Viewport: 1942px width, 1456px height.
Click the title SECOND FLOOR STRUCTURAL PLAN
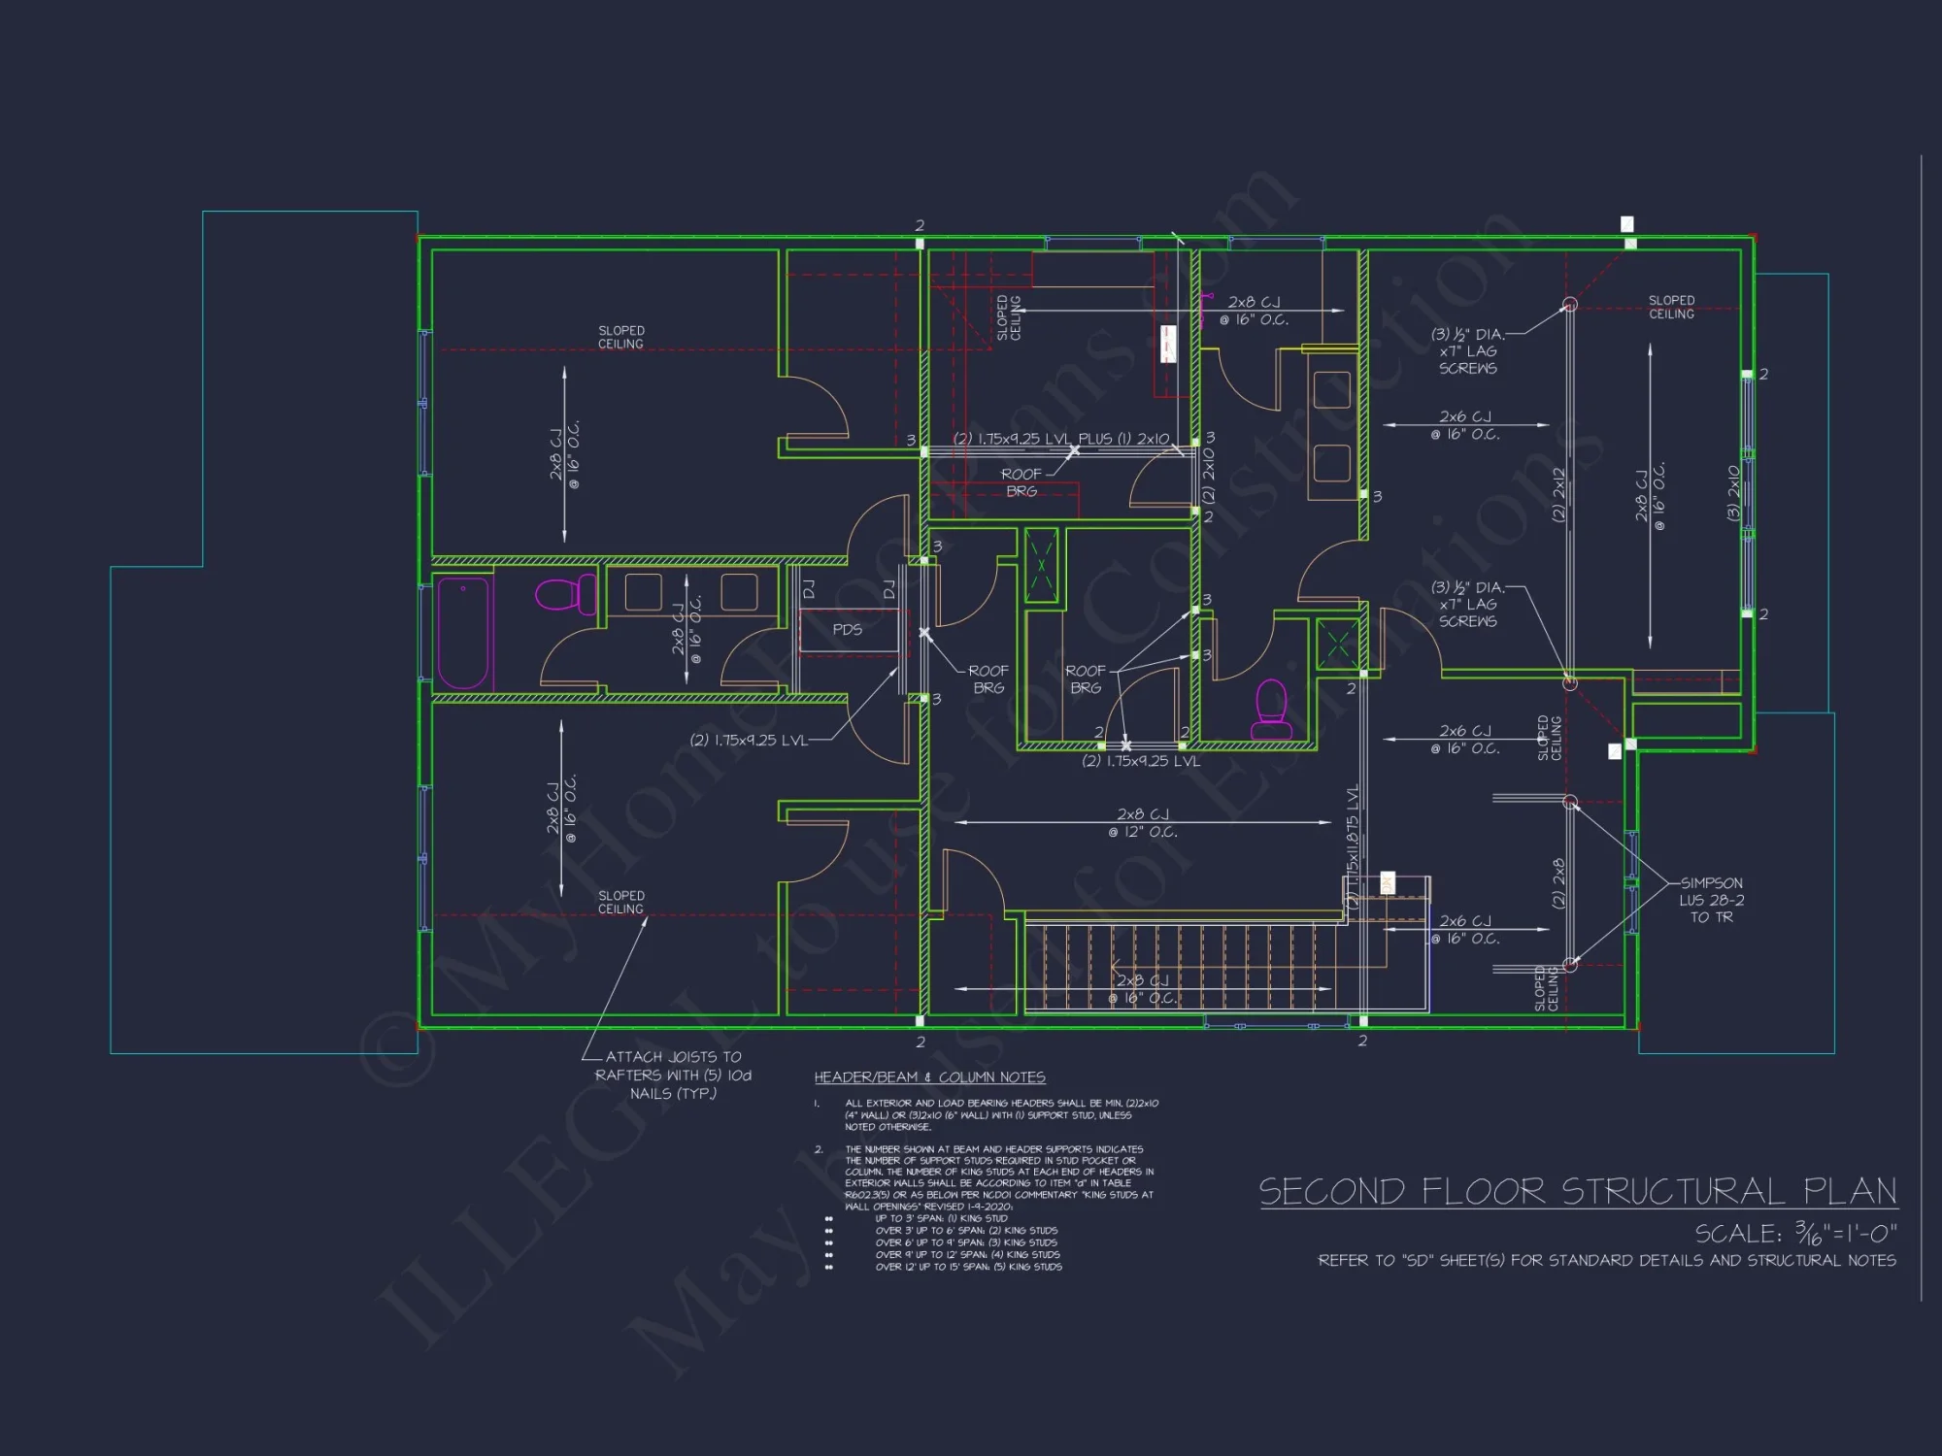click(x=1578, y=1191)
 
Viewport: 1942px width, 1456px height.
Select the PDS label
click(x=847, y=629)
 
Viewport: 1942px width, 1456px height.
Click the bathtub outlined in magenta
click(x=462, y=632)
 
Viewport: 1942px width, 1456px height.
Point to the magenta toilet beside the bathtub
click(x=567, y=593)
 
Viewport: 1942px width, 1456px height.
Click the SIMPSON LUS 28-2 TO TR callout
click(x=1711, y=900)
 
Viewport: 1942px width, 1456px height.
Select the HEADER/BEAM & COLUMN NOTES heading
click(x=929, y=1077)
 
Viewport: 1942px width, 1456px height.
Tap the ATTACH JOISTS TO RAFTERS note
click(x=673, y=1075)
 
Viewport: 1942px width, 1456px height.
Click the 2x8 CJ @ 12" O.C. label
click(x=1142, y=823)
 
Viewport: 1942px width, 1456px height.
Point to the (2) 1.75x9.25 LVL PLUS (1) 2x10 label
click(x=1060, y=439)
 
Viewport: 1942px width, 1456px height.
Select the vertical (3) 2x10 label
click(x=1733, y=493)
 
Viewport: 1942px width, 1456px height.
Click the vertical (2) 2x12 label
click(x=1558, y=494)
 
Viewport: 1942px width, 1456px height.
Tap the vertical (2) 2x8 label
click(x=1558, y=883)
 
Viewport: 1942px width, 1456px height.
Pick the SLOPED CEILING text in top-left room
click(x=620, y=337)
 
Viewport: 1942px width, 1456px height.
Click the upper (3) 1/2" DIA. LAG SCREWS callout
click(x=1467, y=350)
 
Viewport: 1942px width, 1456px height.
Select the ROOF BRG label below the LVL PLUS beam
click(x=1021, y=482)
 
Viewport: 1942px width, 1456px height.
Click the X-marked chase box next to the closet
click(x=1042, y=566)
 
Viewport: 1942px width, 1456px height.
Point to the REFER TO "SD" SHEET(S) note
click(x=1606, y=1260)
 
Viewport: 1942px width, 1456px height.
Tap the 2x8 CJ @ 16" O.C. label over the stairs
click(x=1142, y=989)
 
